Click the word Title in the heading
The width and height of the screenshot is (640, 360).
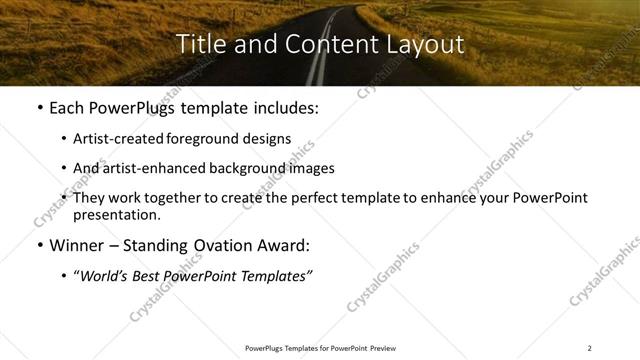tap(202, 44)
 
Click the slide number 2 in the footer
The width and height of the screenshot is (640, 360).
tap(590, 347)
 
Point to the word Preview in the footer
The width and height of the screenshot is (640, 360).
tap(392, 347)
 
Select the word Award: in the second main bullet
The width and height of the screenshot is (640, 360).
tap(283, 245)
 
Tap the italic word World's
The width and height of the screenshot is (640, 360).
tap(106, 274)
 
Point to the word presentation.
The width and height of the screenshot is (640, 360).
tap(116, 214)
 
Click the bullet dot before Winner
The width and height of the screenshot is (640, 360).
tap(39, 245)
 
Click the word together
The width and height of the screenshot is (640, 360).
tap(175, 197)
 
